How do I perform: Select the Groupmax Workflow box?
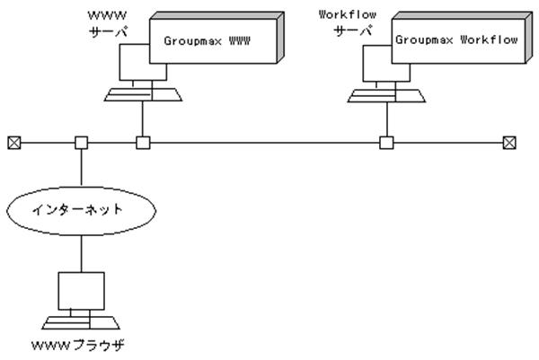457,41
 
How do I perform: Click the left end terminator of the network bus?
13,142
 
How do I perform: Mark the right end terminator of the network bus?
509,142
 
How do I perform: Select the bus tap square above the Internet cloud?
81,142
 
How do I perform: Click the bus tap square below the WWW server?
141,142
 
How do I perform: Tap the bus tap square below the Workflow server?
385,142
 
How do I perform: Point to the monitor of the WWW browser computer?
80,289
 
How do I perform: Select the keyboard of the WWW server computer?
141,93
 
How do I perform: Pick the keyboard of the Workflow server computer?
385,93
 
